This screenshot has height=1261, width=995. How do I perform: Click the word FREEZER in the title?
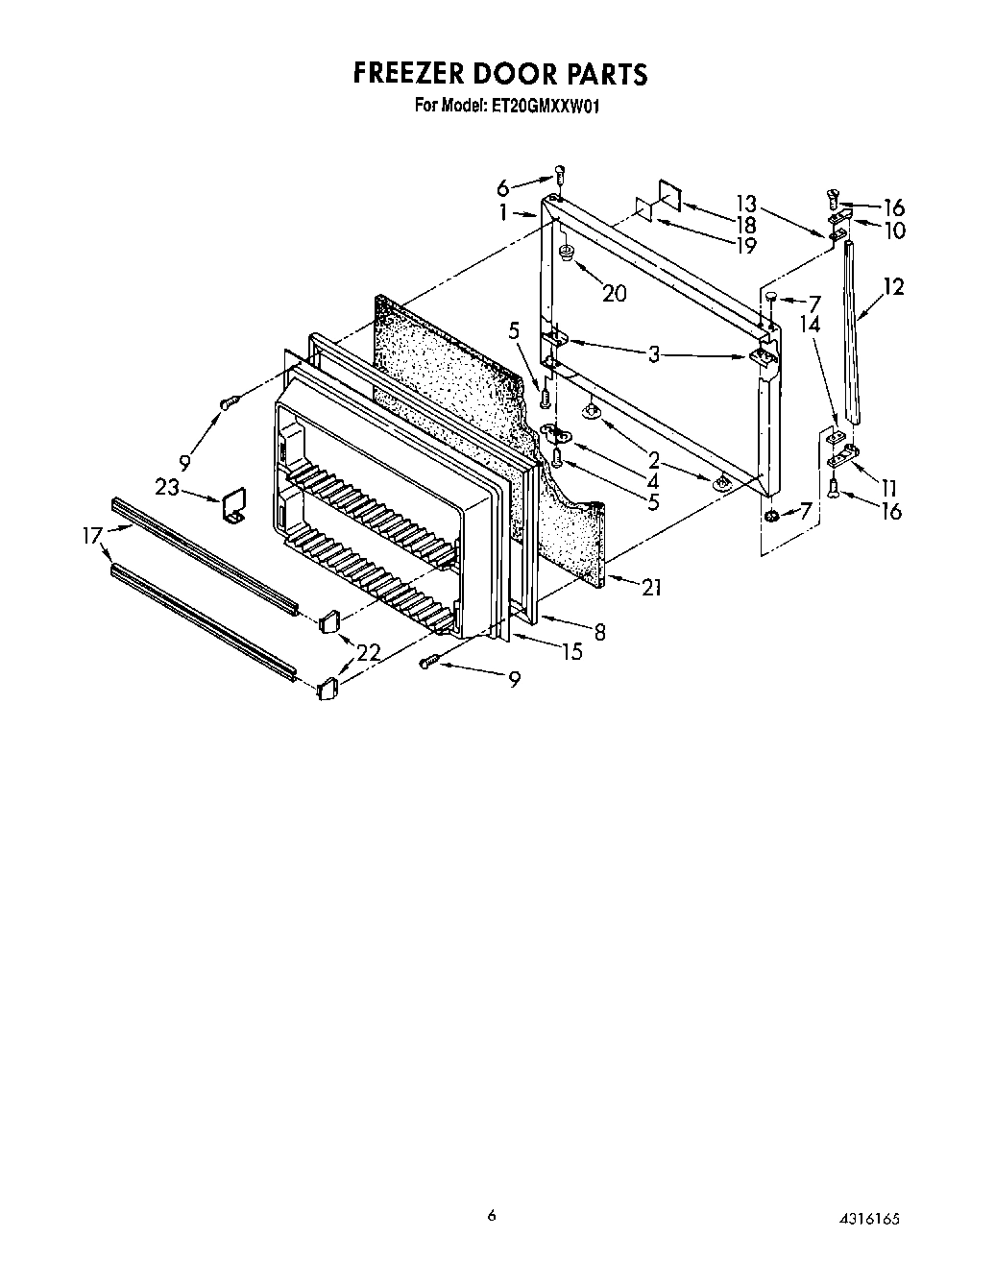click(419, 74)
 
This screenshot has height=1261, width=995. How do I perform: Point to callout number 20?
click(614, 293)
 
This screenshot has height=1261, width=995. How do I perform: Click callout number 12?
click(893, 286)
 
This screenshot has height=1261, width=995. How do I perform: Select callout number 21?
click(651, 587)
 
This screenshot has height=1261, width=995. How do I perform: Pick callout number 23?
click(167, 487)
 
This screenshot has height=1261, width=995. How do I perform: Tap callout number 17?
click(93, 536)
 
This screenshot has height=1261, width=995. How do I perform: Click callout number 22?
click(369, 652)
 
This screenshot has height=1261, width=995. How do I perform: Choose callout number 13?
click(746, 204)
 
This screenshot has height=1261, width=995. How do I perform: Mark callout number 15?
click(571, 652)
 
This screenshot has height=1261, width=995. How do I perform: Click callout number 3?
click(653, 354)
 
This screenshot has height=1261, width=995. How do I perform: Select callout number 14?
click(810, 325)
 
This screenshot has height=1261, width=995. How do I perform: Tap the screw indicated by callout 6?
click(560, 175)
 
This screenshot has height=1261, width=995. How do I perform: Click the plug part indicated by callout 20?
click(568, 254)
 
